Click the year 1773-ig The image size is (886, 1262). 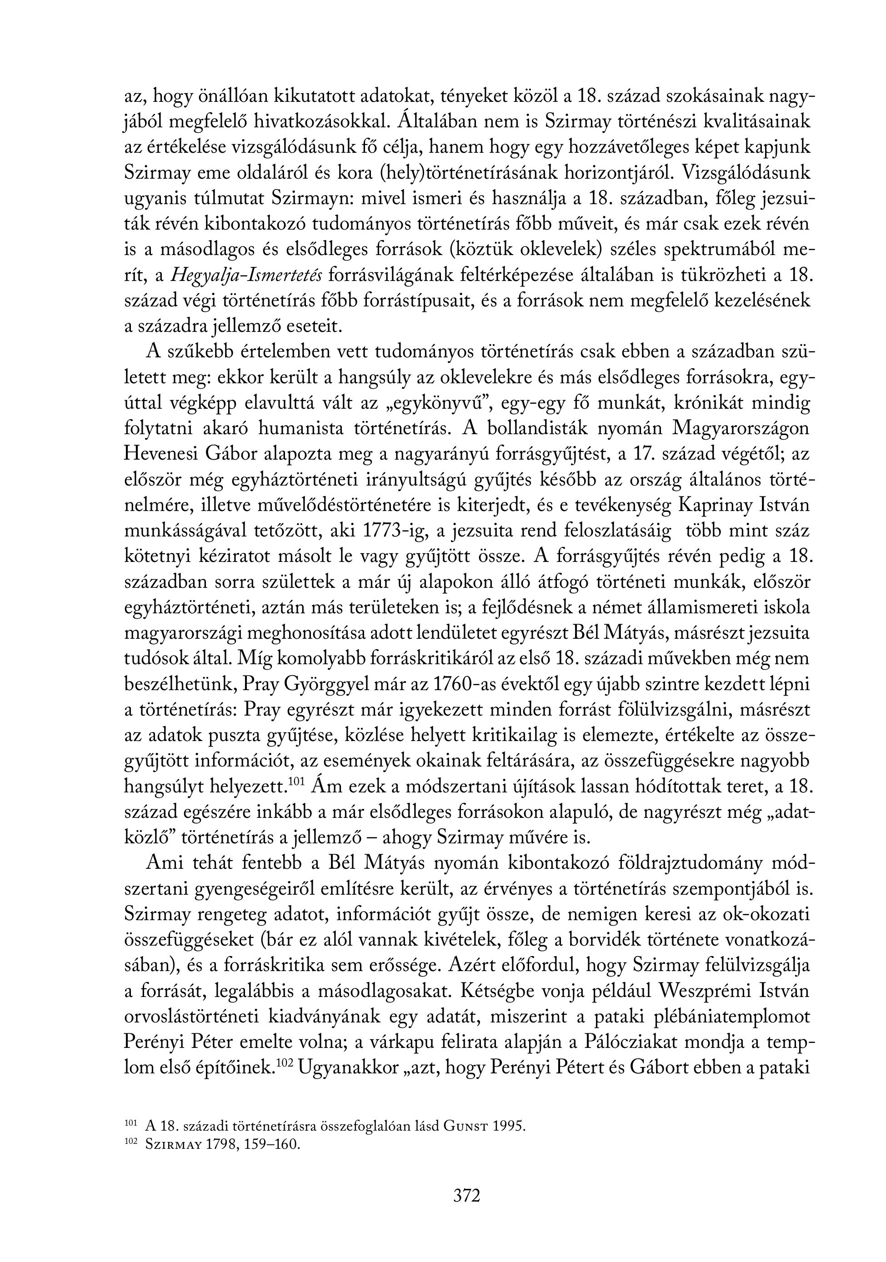[396, 531]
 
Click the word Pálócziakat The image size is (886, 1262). [641, 1043]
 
